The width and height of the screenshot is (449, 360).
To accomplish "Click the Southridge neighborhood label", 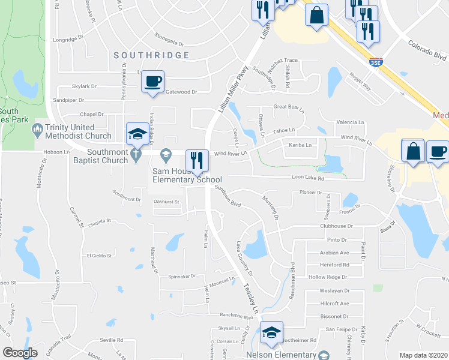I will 152,55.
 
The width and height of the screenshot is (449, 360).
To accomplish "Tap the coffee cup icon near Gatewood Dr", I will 153,81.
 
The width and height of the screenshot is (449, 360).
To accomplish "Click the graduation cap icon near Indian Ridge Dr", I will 137,134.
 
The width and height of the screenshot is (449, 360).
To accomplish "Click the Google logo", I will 20,353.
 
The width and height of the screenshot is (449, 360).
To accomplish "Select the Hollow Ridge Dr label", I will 328,277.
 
